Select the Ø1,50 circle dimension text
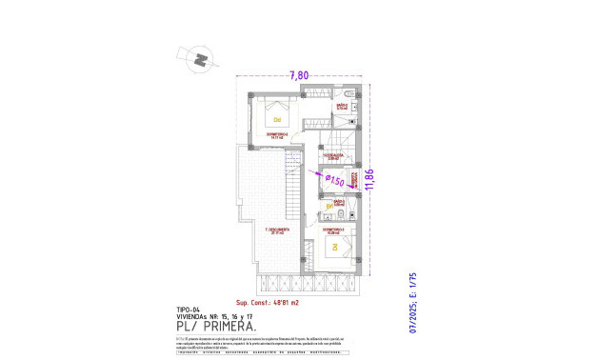point(332,180)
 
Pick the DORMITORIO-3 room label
point(333,230)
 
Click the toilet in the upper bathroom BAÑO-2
point(349,93)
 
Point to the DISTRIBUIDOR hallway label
point(332,156)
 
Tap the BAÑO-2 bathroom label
point(341,107)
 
